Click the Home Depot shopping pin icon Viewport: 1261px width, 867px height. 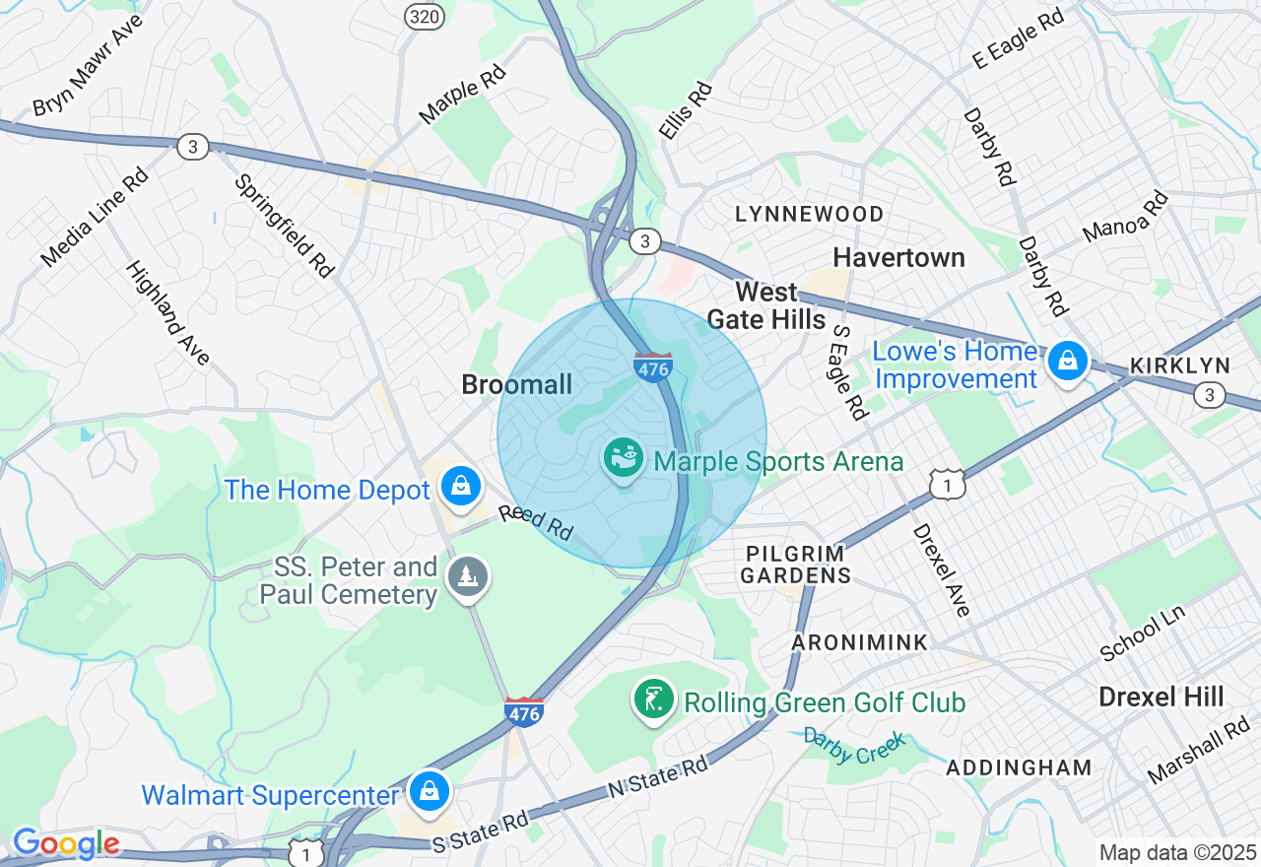[460, 485]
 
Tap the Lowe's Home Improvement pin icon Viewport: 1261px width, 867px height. [1067, 361]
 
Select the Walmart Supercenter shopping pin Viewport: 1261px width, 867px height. [430, 790]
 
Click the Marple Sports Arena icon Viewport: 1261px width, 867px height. [624, 459]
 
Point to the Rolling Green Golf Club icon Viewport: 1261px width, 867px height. [653, 700]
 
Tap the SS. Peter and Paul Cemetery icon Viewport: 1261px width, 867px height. [468, 576]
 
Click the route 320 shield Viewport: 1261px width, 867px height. [424, 16]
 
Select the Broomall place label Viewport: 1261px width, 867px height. [516, 385]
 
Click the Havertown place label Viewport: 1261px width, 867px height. [898, 258]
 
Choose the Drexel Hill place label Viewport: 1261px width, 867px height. [1161, 698]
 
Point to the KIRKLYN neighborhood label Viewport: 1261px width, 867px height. [1180, 366]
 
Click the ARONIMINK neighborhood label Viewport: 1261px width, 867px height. [859, 642]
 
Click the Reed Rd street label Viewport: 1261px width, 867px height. [536, 522]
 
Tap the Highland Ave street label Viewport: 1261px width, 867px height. [167, 313]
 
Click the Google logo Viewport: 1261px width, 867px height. [66, 844]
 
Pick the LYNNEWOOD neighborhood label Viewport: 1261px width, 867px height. [809, 215]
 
